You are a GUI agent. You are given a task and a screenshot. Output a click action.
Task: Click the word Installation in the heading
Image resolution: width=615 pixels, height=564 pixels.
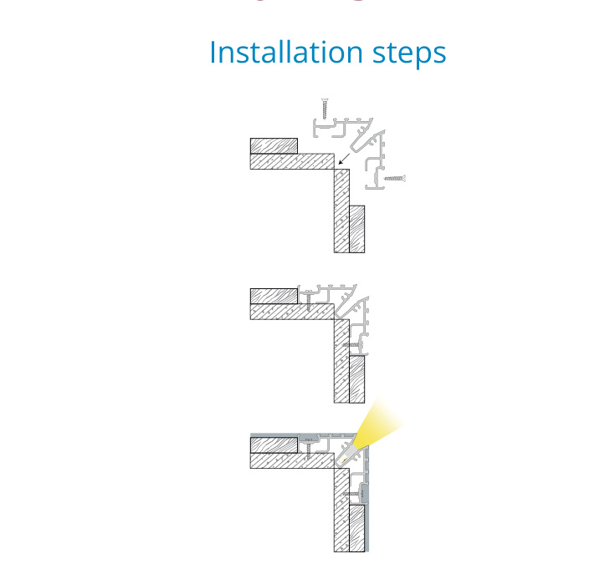pyautogui.click(x=286, y=52)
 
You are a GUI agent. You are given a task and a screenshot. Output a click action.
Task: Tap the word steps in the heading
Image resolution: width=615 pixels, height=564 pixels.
pyautogui.click(x=409, y=54)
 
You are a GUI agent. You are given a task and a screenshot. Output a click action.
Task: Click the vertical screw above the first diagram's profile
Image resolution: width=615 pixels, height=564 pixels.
pyautogui.click(x=325, y=109)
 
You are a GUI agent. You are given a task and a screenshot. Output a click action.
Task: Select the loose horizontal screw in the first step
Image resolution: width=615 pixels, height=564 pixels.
pyautogui.click(x=394, y=179)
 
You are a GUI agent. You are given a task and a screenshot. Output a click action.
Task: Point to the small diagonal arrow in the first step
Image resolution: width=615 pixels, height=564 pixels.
pyautogui.click(x=344, y=159)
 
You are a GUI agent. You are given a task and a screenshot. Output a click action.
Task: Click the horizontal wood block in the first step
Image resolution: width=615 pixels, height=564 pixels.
pyautogui.click(x=274, y=145)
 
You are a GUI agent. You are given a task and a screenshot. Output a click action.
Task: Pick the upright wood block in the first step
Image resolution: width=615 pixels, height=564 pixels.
pyautogui.click(x=357, y=229)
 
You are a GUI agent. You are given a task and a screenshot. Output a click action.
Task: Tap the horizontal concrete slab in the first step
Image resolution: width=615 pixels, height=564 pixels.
pyautogui.click(x=292, y=161)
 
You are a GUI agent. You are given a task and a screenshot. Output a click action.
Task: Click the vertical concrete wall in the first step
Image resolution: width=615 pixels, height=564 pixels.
pyautogui.click(x=341, y=211)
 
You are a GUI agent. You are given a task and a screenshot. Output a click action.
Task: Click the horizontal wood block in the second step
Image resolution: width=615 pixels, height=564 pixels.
pyautogui.click(x=274, y=296)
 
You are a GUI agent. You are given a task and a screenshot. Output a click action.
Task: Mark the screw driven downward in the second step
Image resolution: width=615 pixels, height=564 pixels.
pyautogui.click(x=309, y=301)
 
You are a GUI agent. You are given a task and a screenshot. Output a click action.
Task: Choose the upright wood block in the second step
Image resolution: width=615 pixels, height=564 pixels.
pyautogui.click(x=357, y=379)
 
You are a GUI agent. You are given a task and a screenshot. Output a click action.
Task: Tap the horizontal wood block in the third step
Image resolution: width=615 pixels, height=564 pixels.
pyautogui.click(x=274, y=445)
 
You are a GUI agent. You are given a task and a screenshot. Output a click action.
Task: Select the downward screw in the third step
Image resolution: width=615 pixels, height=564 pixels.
pyautogui.click(x=309, y=450)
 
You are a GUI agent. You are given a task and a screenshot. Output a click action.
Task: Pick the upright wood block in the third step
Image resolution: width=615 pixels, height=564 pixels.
pyautogui.click(x=357, y=528)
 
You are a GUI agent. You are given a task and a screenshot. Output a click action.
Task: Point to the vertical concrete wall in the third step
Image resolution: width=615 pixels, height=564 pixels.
pyautogui.click(x=341, y=510)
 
